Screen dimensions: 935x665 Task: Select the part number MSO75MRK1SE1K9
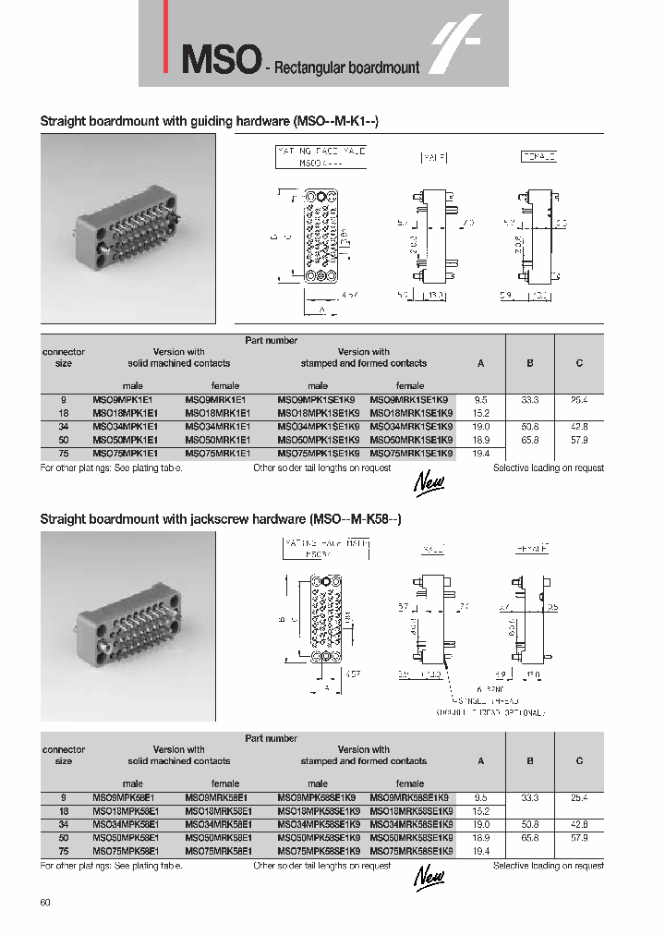(411, 454)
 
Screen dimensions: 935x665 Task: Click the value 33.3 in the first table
(530, 400)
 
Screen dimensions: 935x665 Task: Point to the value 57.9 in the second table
(579, 837)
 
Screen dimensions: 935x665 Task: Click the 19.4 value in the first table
(480, 454)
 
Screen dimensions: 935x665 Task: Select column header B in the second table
(530, 761)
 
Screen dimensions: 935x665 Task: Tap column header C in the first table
(579, 363)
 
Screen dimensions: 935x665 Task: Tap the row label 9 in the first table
(64, 400)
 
